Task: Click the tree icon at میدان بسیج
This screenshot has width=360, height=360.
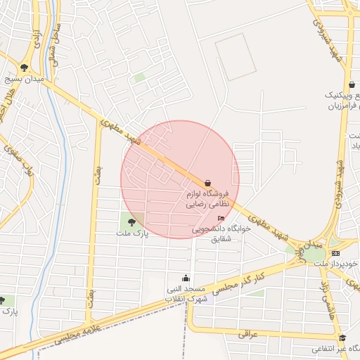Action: click(x=25, y=68)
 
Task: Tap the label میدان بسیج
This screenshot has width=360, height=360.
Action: click(x=26, y=79)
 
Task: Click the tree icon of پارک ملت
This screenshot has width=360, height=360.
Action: click(x=131, y=223)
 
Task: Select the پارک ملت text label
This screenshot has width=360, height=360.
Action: click(x=133, y=233)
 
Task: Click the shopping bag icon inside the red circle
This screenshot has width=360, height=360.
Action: click(x=207, y=184)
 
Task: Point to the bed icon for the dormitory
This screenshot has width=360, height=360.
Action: click(x=223, y=219)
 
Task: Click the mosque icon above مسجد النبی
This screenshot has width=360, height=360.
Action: click(x=186, y=278)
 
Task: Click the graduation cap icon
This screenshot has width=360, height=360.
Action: click(x=342, y=338)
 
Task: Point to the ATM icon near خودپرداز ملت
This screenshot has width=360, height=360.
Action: click(x=335, y=253)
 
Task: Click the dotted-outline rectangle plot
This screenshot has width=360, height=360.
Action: click(x=234, y=56)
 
